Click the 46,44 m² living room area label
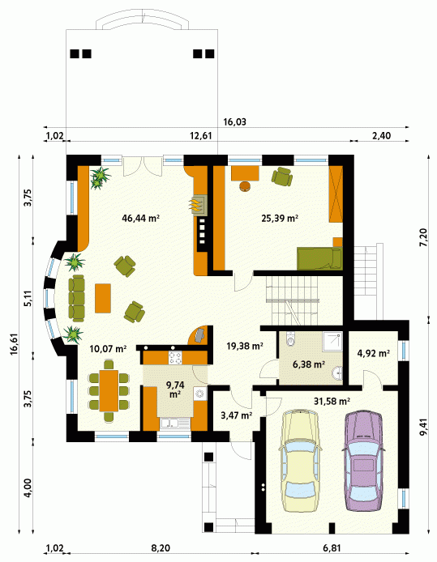(x=140, y=218)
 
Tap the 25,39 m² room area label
(x=280, y=218)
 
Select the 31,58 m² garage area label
(x=332, y=401)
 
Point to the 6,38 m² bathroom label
(x=309, y=364)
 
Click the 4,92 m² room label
(x=374, y=353)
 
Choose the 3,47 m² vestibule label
(x=236, y=415)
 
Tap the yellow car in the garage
(x=300, y=462)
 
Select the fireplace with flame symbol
(x=199, y=205)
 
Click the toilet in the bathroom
(x=290, y=339)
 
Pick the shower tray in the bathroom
(x=332, y=342)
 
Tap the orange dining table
(x=109, y=390)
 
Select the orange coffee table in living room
(x=103, y=298)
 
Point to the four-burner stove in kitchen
(x=175, y=358)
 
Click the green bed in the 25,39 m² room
(x=319, y=258)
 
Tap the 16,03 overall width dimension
(x=234, y=121)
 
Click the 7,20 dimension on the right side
(x=424, y=237)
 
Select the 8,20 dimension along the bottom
(x=161, y=548)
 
